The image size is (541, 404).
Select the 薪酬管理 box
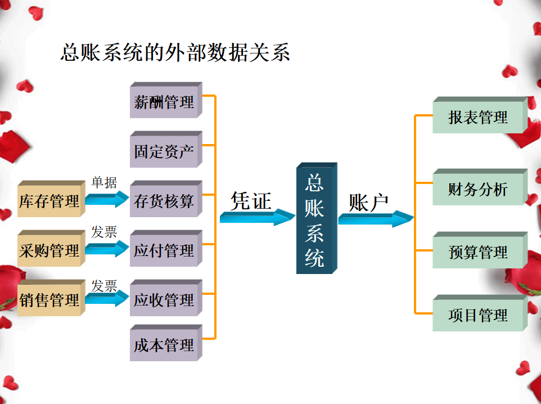[x=164, y=102]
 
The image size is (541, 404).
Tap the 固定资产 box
[x=164, y=151]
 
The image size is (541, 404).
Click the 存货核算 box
[x=164, y=201]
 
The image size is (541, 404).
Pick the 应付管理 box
[x=164, y=250]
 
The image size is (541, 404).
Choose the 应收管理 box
[x=164, y=300]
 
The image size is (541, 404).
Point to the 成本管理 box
[x=164, y=345]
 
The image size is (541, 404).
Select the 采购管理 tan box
[x=49, y=250]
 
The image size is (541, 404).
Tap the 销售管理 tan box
[x=49, y=300]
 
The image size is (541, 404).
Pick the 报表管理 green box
[x=478, y=117]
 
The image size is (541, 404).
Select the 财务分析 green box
[x=478, y=189]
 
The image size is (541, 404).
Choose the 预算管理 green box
[x=478, y=252]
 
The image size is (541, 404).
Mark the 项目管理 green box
[x=478, y=315]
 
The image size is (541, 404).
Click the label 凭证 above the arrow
[x=251, y=201]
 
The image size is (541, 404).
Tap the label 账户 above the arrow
[x=368, y=203]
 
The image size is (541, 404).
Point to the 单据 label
[x=104, y=182]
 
